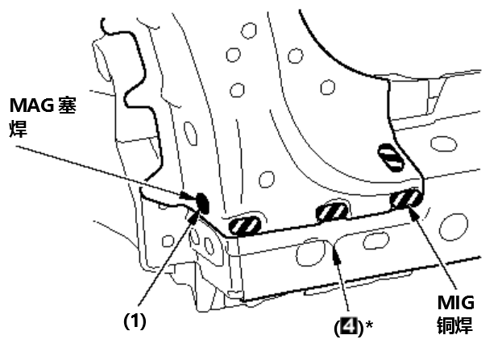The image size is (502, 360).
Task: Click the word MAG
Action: [x=31, y=105]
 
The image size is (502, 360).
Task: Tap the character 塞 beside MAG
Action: [x=67, y=105]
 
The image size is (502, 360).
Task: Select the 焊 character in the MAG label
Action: [x=18, y=129]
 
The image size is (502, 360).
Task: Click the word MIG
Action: [x=455, y=302]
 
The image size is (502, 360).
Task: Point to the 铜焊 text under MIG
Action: [x=455, y=325]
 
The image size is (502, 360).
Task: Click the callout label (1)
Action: [x=135, y=321]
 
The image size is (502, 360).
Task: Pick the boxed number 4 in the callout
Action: [x=349, y=325]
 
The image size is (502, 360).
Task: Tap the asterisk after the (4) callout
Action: [x=369, y=325]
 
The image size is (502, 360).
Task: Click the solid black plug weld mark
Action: [x=202, y=203]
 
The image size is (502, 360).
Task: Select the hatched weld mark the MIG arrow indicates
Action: [x=405, y=199]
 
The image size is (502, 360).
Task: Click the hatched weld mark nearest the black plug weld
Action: [x=245, y=226]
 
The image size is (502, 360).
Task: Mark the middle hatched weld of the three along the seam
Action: [x=332, y=213]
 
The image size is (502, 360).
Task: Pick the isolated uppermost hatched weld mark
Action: [x=391, y=157]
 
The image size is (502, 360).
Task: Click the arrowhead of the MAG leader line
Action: [x=187, y=195]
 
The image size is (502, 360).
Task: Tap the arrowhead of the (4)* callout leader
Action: [x=337, y=256]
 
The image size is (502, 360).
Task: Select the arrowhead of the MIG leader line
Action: [x=413, y=213]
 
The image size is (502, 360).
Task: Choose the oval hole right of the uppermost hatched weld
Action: [x=443, y=143]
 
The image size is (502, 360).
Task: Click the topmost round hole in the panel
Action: [x=249, y=31]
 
